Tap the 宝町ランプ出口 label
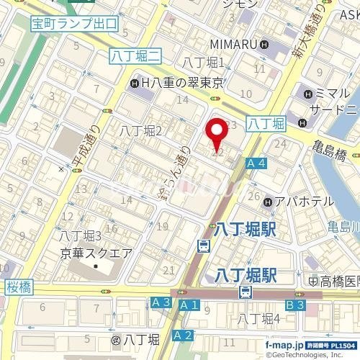coord(74,24)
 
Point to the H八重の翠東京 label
coord(178,84)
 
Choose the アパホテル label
coord(297,202)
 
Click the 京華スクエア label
coord(95,253)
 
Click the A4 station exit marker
coord(256,164)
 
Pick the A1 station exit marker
coord(189,305)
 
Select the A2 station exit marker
coord(183,335)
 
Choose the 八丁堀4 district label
coord(259,319)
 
